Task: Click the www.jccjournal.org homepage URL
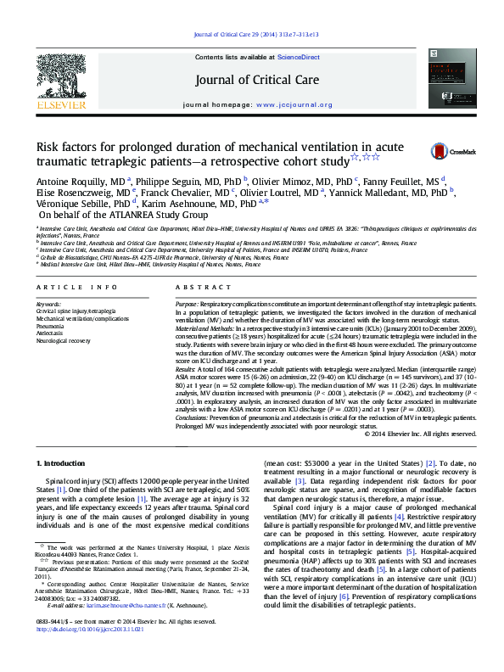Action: tap(294, 104)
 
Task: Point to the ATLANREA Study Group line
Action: tap(117, 216)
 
